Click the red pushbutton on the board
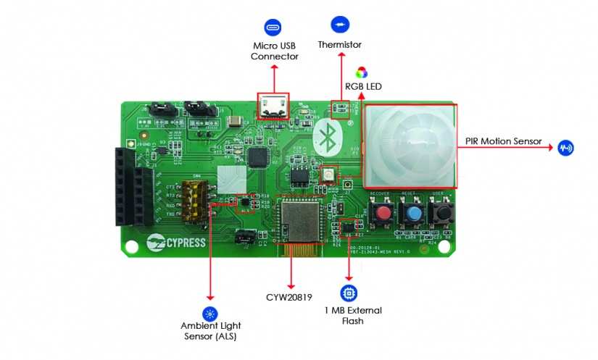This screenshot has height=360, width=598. [381, 213]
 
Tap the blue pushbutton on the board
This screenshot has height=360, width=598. [413, 214]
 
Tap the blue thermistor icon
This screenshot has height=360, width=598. [339, 25]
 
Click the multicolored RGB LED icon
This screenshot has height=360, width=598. [361, 72]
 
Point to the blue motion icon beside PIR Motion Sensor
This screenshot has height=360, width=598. [565, 148]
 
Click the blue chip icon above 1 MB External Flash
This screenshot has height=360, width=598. [349, 293]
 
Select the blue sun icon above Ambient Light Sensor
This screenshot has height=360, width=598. [210, 314]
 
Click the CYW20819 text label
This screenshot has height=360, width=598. [289, 296]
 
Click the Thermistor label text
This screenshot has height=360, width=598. [339, 45]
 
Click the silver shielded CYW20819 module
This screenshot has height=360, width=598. [299, 220]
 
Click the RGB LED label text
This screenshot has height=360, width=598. [363, 87]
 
